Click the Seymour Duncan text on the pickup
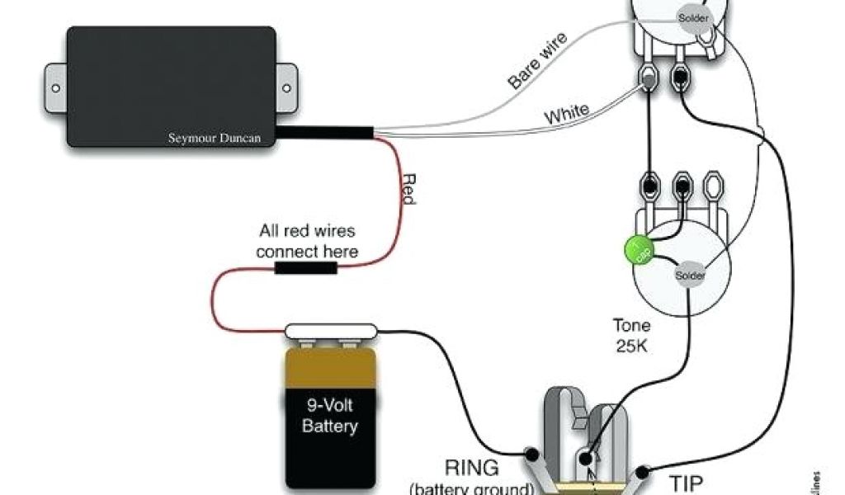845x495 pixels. point(215,138)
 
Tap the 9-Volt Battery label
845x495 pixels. point(330,416)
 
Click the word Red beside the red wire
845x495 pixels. point(408,191)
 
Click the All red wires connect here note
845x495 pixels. point(307,241)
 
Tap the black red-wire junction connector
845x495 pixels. point(305,268)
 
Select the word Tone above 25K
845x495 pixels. point(631,325)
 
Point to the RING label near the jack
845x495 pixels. point(471,469)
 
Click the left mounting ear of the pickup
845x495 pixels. point(54,85)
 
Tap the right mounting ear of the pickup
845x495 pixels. point(286,85)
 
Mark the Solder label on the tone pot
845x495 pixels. point(690,275)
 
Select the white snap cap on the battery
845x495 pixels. point(332,332)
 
